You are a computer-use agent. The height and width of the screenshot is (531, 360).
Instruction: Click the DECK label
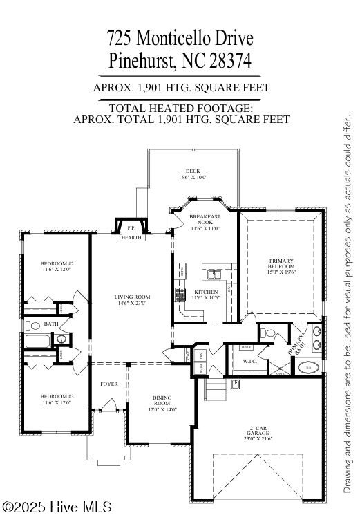click(193, 171)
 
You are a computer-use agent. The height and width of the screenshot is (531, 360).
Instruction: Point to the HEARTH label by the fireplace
click(131, 237)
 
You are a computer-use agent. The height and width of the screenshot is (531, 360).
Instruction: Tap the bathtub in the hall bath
click(37, 340)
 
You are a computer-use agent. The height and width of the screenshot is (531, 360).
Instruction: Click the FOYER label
click(108, 384)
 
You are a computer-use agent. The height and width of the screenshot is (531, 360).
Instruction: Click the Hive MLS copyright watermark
click(57, 507)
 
